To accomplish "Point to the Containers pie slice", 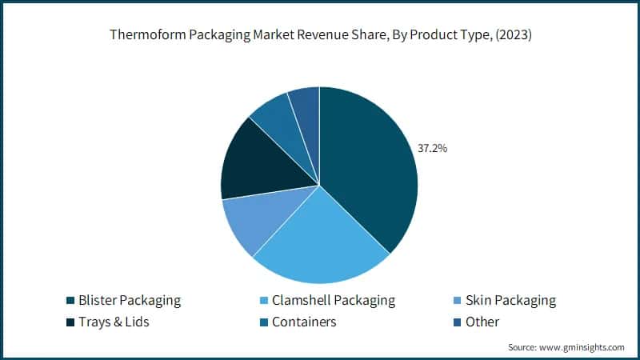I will click(x=276, y=120).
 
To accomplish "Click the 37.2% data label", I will click(x=433, y=148).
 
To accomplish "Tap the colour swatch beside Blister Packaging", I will click(x=70, y=302).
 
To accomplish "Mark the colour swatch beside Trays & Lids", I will click(x=70, y=322).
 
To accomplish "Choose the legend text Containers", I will click(x=304, y=322).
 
